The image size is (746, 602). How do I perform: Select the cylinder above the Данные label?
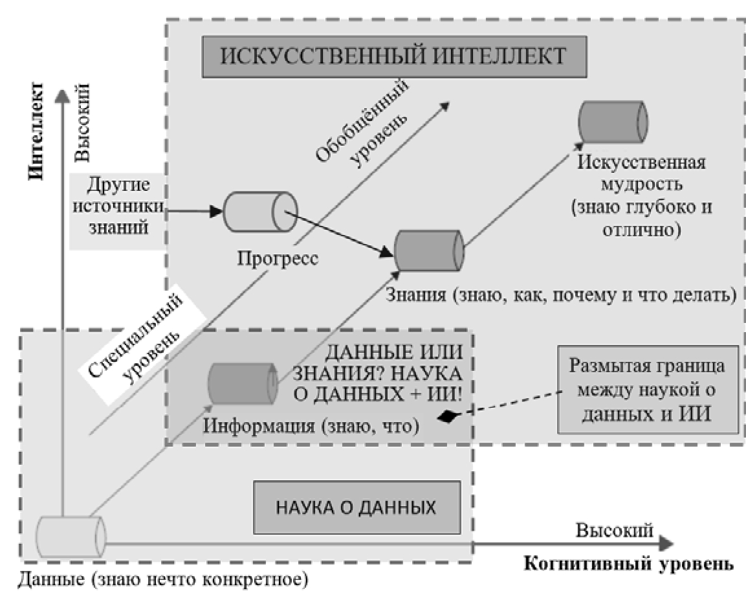point(70,535)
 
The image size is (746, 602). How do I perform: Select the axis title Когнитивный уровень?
point(628,563)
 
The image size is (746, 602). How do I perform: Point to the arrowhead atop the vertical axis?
point(63,95)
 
